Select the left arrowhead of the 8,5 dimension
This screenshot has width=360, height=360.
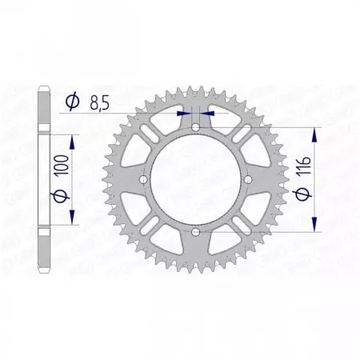pyautogui.click(x=186, y=114)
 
